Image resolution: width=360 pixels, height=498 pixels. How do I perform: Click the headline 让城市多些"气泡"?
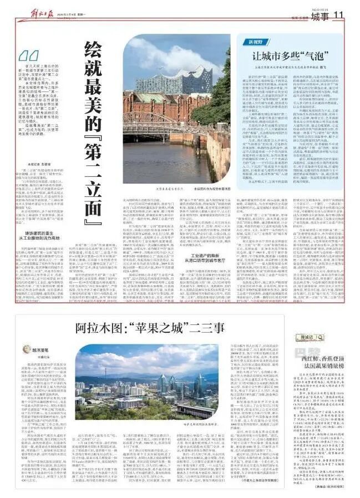[x=289, y=56]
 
